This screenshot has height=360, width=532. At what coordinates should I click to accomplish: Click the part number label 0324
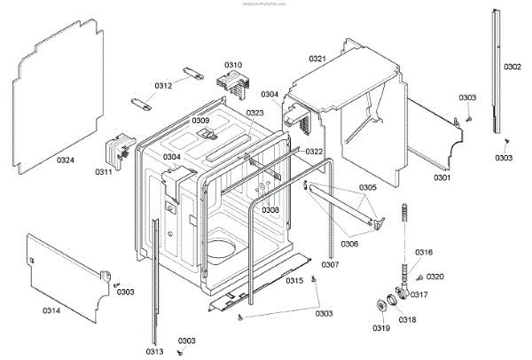click(66, 160)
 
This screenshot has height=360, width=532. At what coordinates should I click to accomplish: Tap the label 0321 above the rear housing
click(317, 59)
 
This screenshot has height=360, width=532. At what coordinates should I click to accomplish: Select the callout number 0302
click(513, 67)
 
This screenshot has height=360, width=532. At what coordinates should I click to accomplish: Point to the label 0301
click(442, 178)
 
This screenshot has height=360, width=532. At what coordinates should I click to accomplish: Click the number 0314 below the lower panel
click(52, 310)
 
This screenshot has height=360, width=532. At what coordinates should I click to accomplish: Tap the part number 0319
click(380, 329)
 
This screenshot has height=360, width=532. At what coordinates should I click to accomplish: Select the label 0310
click(232, 65)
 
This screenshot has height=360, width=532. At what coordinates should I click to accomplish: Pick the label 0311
click(104, 171)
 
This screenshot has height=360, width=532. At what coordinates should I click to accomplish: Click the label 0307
click(330, 265)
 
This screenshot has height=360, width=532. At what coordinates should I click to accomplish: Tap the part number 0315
click(293, 280)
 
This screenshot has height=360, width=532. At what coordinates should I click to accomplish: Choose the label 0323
click(255, 113)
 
